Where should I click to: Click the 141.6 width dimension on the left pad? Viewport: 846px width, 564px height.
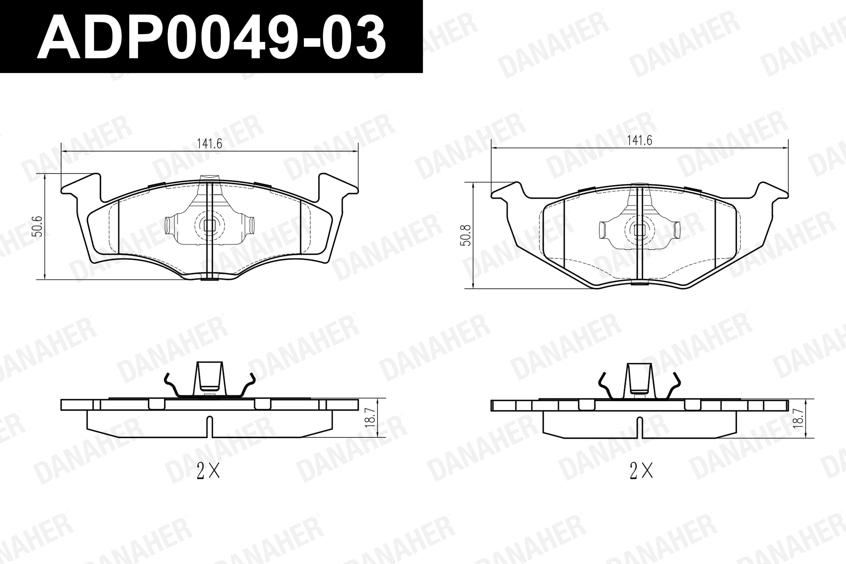pos(209,144)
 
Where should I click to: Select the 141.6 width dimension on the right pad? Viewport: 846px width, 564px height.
pos(640,140)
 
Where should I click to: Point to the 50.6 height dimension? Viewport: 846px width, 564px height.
pos(38,226)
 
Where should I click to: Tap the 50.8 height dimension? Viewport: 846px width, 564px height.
pos(466,235)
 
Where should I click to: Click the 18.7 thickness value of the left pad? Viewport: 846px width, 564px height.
pos(370,417)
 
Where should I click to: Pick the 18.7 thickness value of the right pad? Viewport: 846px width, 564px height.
pos(798,418)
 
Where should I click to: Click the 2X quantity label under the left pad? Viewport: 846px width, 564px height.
pos(208,471)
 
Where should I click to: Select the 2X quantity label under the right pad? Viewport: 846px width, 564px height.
pos(641,471)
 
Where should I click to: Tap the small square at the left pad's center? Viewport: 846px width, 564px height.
pos(209,226)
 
